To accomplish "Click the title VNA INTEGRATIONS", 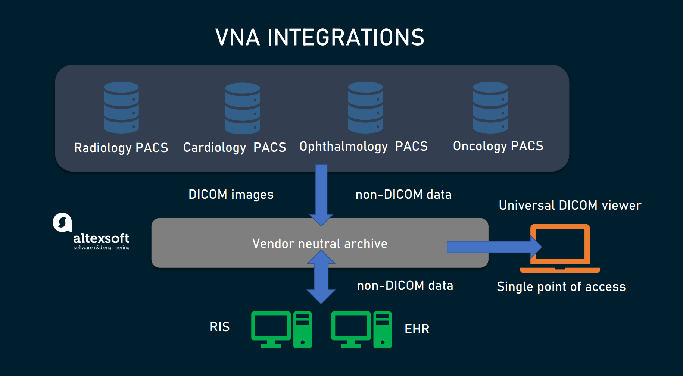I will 320,37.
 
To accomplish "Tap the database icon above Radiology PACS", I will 121,107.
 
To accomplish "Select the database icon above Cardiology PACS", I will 243,108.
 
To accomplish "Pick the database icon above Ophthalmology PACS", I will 365,107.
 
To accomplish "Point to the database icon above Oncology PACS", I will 490,107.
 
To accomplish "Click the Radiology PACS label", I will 121,148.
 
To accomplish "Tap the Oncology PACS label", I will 498,146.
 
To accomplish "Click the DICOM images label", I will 231,194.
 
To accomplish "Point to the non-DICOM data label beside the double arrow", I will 405,285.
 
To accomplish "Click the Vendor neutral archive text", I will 320,244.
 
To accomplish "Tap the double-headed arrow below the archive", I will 321,277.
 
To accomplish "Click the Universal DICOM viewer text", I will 570,205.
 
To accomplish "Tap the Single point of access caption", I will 561,286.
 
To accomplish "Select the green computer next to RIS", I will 281,330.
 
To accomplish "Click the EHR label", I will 417,329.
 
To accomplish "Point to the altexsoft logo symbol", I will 62,222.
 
